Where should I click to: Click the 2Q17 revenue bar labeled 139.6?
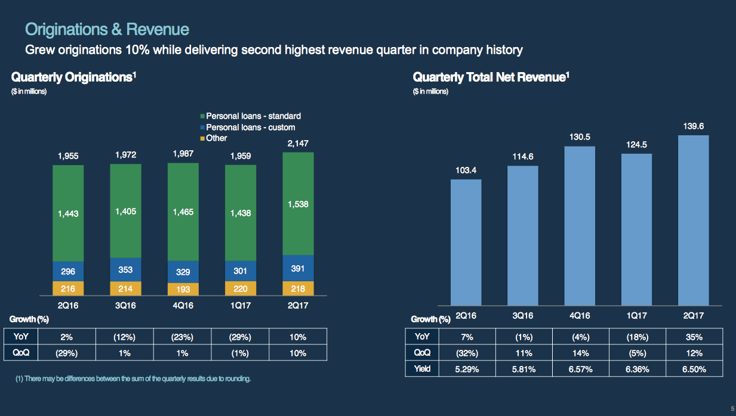pyautogui.click(x=693, y=221)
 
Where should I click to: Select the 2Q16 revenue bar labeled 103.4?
pyautogui.click(x=466, y=243)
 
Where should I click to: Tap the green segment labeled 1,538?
pyautogui.click(x=298, y=204)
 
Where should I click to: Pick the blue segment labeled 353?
pyautogui.click(x=125, y=269)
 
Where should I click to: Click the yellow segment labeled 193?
pyautogui.click(x=183, y=289)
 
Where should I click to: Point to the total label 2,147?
pyautogui.click(x=298, y=144)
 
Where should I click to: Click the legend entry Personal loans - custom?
pyautogui.click(x=248, y=128)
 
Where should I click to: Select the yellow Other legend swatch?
pyautogui.click(x=202, y=138)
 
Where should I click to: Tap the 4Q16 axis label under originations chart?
pyautogui.click(x=183, y=305)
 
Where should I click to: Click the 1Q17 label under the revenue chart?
pyautogui.click(x=636, y=316)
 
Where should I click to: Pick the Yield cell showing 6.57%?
pyautogui.click(x=581, y=370)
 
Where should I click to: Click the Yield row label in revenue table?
pyautogui.click(x=422, y=369)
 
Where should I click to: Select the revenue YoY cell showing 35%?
pyautogui.click(x=694, y=337)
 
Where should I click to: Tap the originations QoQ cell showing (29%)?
pyautogui.click(x=67, y=353)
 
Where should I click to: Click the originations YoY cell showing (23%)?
pyautogui.click(x=182, y=337)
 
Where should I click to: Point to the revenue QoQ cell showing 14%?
pyautogui.click(x=581, y=353)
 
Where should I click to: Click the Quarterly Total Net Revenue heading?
pyautogui.click(x=491, y=77)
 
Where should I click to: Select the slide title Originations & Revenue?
pyautogui.click(x=107, y=29)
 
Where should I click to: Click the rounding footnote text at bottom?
pyautogui.click(x=133, y=378)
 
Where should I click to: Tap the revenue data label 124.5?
pyautogui.click(x=636, y=145)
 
